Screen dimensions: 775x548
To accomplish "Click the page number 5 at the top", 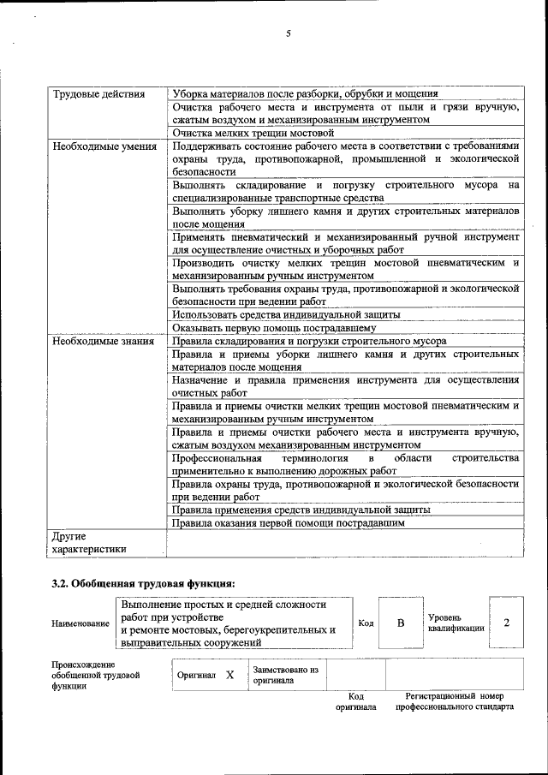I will [x=289, y=33].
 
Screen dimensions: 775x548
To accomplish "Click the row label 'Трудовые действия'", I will [x=98, y=94].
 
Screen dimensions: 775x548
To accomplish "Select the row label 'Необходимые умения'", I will [x=104, y=146].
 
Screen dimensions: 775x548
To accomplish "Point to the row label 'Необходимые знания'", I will [x=104, y=341].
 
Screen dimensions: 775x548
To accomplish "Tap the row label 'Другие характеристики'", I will [x=89, y=543].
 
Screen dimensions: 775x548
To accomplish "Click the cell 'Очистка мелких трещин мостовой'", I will [x=252, y=134].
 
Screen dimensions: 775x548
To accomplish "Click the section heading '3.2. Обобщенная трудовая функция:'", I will [x=143, y=584].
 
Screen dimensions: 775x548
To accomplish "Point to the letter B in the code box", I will [x=400, y=623].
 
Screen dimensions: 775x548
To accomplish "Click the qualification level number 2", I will [x=507, y=623].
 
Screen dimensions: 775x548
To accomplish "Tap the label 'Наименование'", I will [x=80, y=623].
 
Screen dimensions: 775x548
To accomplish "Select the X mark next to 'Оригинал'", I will [x=229, y=675].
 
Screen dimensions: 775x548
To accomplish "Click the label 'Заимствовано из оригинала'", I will [x=285, y=675].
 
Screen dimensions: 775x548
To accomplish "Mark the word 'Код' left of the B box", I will [x=366, y=623].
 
